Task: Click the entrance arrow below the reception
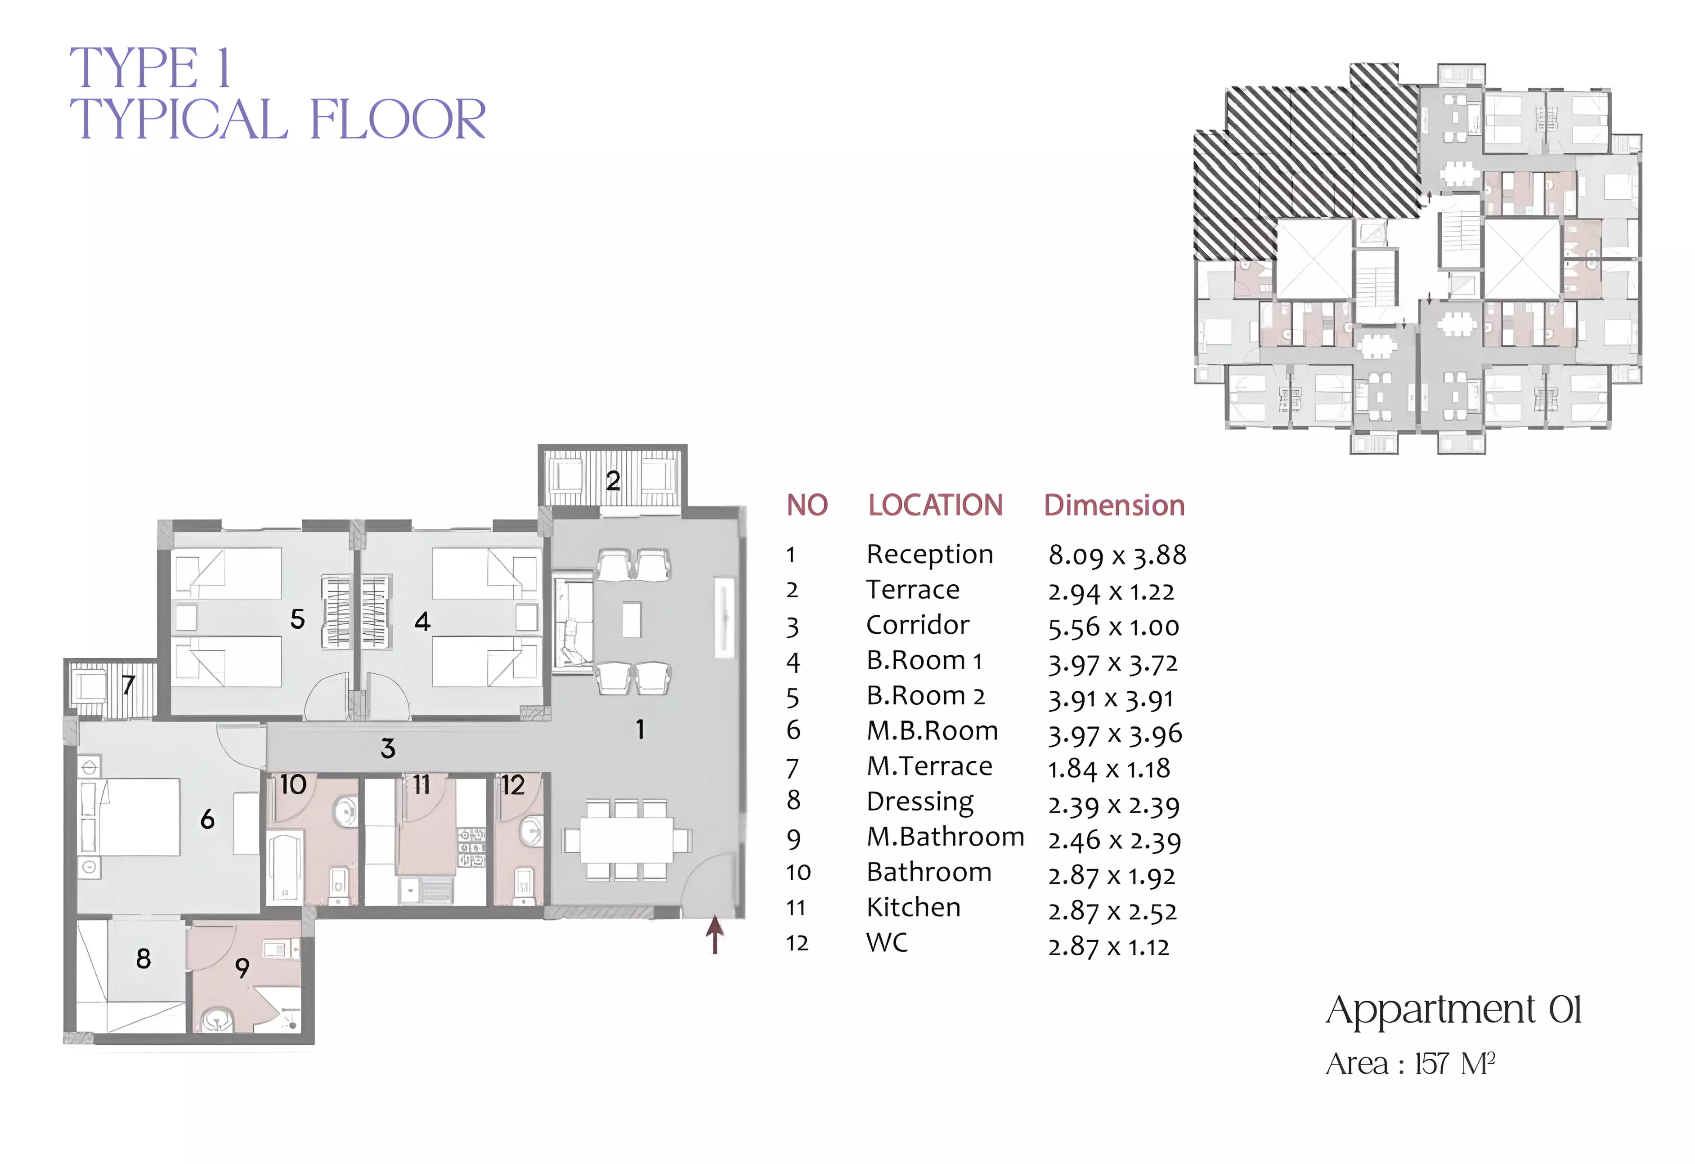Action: [715, 935]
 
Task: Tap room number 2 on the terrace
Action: [614, 481]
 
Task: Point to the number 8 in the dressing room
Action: [143, 958]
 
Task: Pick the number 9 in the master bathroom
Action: [242, 968]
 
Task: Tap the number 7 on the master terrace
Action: [128, 685]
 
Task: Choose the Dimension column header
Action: [1114, 506]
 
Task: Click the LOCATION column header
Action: [935, 506]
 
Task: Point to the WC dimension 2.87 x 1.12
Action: [1108, 947]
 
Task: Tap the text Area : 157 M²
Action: [1411, 1064]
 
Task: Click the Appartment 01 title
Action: [1453, 1011]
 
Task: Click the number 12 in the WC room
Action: [513, 785]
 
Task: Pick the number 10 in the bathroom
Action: [293, 785]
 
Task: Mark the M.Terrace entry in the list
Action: [929, 766]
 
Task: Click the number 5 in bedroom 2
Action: [298, 619]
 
